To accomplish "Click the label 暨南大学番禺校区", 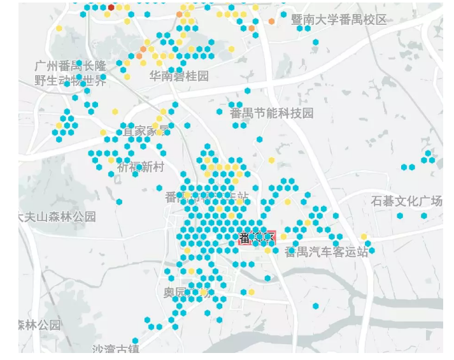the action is coord(339,20).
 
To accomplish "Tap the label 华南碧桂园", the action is coord(179,76).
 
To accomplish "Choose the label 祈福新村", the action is coord(141,167).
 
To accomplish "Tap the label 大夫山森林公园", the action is coord(57,217).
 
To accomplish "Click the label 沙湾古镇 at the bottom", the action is coord(115,349).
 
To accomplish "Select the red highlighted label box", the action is coord(257,239).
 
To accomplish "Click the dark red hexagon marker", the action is coord(111,7).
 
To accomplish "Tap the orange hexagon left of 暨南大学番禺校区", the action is coord(272,22).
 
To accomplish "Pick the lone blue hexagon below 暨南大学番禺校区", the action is coord(316,42).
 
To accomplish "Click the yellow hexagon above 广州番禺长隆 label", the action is coord(59,28).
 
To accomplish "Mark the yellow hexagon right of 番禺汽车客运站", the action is coord(364,237).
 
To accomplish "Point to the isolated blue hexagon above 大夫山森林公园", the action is coord(119,202).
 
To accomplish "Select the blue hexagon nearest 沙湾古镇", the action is coord(135,341).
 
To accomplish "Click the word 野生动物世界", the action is coord(71,80).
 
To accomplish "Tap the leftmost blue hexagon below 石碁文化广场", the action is coord(400,216).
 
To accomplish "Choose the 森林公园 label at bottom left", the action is coord(39,325).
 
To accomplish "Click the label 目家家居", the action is coord(146,131).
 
